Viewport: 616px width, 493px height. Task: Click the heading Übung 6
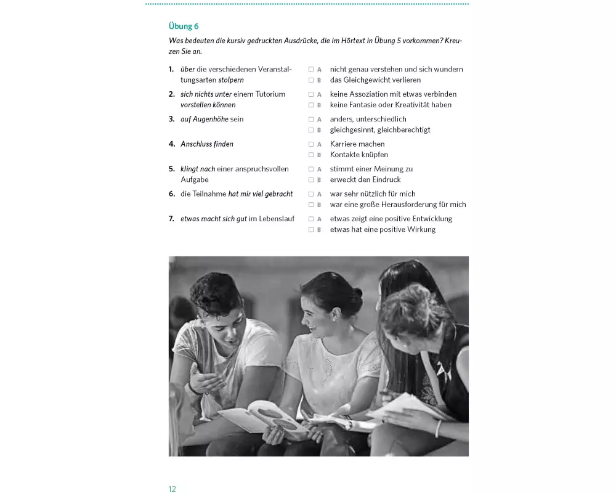click(184, 26)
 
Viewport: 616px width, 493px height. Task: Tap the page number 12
click(172, 489)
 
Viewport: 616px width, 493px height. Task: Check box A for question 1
click(311, 70)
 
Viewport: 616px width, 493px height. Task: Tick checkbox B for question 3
click(311, 130)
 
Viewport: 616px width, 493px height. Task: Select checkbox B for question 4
click(311, 155)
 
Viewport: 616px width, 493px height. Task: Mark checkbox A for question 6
click(311, 194)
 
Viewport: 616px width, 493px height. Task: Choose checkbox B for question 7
click(311, 230)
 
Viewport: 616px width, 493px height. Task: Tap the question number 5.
click(172, 169)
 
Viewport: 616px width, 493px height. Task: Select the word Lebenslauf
click(276, 219)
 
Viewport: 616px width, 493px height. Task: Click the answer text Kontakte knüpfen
click(359, 155)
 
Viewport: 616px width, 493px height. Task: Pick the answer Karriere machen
click(357, 144)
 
